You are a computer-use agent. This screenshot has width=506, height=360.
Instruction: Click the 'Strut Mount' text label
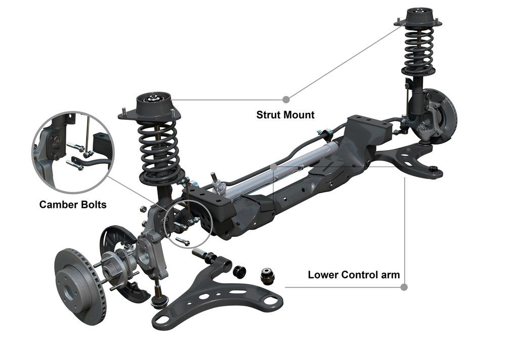[285, 115]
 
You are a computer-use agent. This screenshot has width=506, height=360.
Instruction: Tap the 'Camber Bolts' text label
[72, 204]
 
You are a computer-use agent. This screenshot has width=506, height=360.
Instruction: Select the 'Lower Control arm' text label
[354, 275]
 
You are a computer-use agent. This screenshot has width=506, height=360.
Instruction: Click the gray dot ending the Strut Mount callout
[286, 100]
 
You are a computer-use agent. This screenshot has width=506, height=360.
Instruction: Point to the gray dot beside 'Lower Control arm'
[404, 287]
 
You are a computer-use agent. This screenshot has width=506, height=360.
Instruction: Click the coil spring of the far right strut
[418, 50]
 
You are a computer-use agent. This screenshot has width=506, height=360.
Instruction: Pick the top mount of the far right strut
[418, 18]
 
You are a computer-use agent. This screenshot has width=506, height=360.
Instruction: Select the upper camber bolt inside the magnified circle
[76, 147]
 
